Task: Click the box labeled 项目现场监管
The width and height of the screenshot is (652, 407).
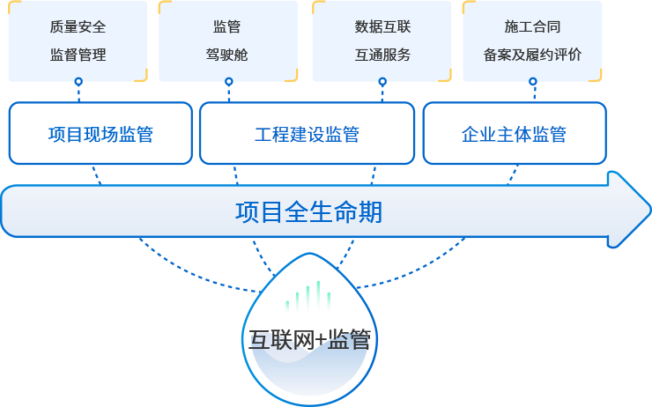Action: point(100,134)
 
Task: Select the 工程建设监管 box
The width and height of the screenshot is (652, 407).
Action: point(307,134)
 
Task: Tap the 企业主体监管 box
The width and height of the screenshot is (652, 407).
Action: point(515,134)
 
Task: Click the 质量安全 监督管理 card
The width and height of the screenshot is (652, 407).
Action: point(78,40)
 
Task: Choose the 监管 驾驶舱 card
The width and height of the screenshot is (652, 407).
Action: point(230,40)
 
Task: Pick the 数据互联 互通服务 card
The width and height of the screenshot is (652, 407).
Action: point(382,40)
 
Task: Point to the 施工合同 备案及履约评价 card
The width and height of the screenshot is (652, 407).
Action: point(532,40)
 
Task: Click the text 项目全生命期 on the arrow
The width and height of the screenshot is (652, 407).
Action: point(308,211)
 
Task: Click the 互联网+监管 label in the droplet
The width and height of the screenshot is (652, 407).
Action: point(308,340)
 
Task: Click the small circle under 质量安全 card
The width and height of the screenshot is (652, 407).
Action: point(78,82)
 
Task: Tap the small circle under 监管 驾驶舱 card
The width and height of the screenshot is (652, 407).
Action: point(229,82)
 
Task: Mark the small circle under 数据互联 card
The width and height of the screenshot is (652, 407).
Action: point(382,82)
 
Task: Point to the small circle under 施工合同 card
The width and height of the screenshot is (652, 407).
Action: point(533,82)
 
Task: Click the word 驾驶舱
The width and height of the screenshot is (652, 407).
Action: point(230,55)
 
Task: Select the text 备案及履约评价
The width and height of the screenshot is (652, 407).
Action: point(532,55)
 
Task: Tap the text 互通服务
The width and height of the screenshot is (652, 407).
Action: point(382,55)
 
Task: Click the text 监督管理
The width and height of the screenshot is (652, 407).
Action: point(78,55)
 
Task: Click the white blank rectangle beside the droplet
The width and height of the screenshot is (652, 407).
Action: point(98,371)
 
